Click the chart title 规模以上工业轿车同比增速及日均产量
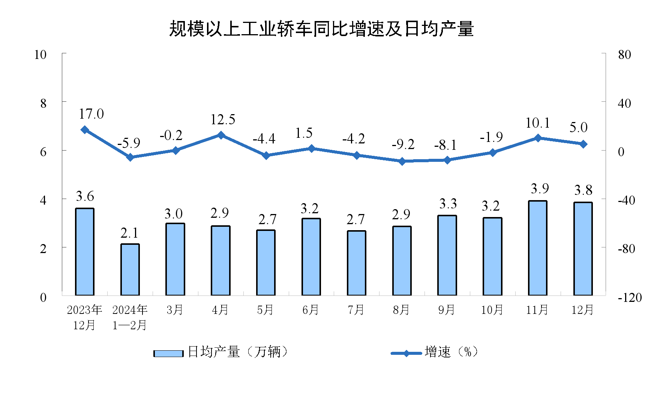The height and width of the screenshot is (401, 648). click(321, 29)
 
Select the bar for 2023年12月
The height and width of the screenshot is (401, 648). click(85, 252)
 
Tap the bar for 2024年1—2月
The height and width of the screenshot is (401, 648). click(130, 270)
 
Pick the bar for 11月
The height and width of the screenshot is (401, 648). click(538, 248)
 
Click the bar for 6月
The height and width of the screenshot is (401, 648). click(311, 257)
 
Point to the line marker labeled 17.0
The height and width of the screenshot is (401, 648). click(85, 130)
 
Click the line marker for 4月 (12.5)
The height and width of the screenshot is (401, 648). click(221, 135)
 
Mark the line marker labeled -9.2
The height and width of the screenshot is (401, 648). click(402, 161)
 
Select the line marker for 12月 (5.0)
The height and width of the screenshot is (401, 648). click(583, 144)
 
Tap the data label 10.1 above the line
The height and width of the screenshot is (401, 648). click(537, 123)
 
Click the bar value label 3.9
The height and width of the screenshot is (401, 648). click(540, 188)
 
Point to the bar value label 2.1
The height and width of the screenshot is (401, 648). click(129, 233)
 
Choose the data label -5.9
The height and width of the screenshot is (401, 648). click(129, 143)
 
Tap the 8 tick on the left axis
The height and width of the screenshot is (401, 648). click(43, 103)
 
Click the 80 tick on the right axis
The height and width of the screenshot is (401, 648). click(624, 55)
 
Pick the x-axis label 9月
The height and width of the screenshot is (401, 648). click(447, 310)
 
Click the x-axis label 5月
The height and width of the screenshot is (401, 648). click(265, 310)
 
